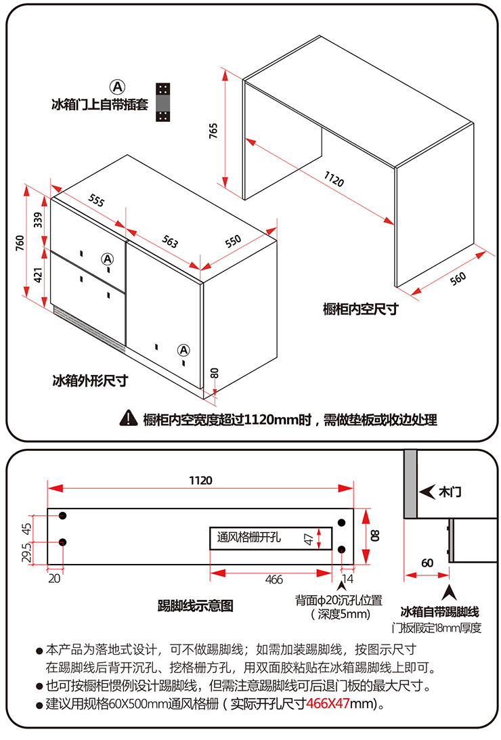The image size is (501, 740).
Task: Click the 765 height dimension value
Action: pyautogui.click(x=214, y=131)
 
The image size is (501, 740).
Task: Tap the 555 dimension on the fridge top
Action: pyautogui.click(x=96, y=201)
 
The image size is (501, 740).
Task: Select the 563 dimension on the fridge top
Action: pyautogui.click(x=169, y=242)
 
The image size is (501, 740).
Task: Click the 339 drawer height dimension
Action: pyautogui.click(x=39, y=220)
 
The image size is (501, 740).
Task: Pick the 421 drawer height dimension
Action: pyautogui.click(x=39, y=275)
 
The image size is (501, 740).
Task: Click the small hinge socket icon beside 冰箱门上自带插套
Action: pyautogui.click(x=162, y=103)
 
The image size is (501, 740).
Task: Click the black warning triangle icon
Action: pyautogui.click(x=128, y=418)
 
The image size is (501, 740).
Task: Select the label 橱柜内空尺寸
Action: pyautogui.click(x=360, y=309)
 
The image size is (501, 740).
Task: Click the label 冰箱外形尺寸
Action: pyautogui.click(x=90, y=380)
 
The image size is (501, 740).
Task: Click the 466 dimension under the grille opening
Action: pyautogui.click(x=274, y=580)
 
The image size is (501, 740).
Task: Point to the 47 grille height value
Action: pyautogui.click(x=309, y=539)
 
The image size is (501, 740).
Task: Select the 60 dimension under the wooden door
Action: pyautogui.click(x=427, y=563)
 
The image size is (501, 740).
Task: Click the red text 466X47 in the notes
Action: pyautogui.click(x=328, y=703)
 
